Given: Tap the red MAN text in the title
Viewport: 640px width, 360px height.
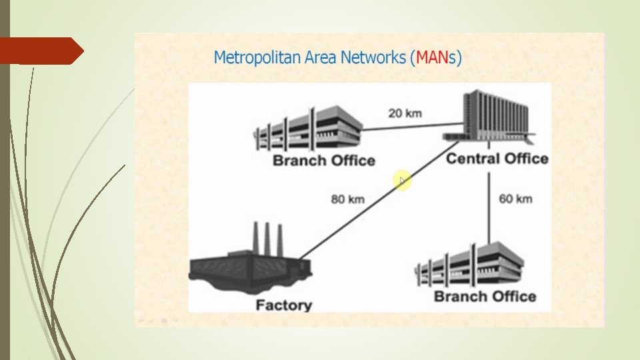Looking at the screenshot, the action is pyautogui.click(x=431, y=57).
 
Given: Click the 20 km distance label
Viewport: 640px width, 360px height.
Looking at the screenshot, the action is pyautogui.click(x=405, y=113).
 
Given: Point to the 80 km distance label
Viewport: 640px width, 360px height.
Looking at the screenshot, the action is pyautogui.click(x=347, y=199).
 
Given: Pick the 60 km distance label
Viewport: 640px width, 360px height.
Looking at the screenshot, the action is pyautogui.click(x=515, y=199).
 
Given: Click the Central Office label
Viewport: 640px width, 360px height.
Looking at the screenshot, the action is pyautogui.click(x=497, y=159).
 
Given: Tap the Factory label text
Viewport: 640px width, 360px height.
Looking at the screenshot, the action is pyautogui.click(x=283, y=305).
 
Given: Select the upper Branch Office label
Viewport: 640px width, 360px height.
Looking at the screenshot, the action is pyautogui.click(x=324, y=161).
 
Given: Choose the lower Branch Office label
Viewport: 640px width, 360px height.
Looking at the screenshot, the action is pyautogui.click(x=485, y=296).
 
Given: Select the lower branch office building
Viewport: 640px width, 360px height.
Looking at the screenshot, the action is pyautogui.click(x=468, y=265).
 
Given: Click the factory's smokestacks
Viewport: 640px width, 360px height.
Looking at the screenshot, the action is pyautogui.click(x=266, y=237).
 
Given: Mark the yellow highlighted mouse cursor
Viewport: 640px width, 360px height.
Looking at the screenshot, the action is pyautogui.click(x=402, y=181).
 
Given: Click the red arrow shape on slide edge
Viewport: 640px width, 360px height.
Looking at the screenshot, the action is pyautogui.click(x=40, y=51).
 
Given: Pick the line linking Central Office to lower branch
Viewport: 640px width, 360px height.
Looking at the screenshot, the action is pyautogui.click(x=489, y=207).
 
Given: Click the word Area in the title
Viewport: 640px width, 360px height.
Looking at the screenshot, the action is pyautogui.click(x=321, y=57).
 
